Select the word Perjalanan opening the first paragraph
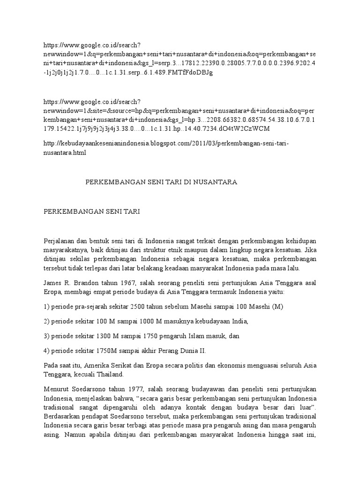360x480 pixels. pyautogui.click(x=59, y=241)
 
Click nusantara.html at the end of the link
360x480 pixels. pyautogui.click(x=65, y=153)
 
